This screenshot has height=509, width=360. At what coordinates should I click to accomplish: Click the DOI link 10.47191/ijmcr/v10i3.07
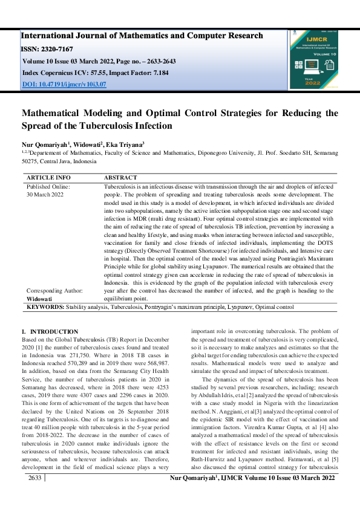[64, 84]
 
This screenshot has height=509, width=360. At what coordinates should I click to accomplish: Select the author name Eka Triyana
[125, 145]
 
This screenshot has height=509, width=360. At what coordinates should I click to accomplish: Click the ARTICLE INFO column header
[48, 178]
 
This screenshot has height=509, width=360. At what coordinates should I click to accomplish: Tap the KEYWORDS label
[45, 308]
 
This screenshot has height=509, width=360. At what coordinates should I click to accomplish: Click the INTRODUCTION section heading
[53, 331]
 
